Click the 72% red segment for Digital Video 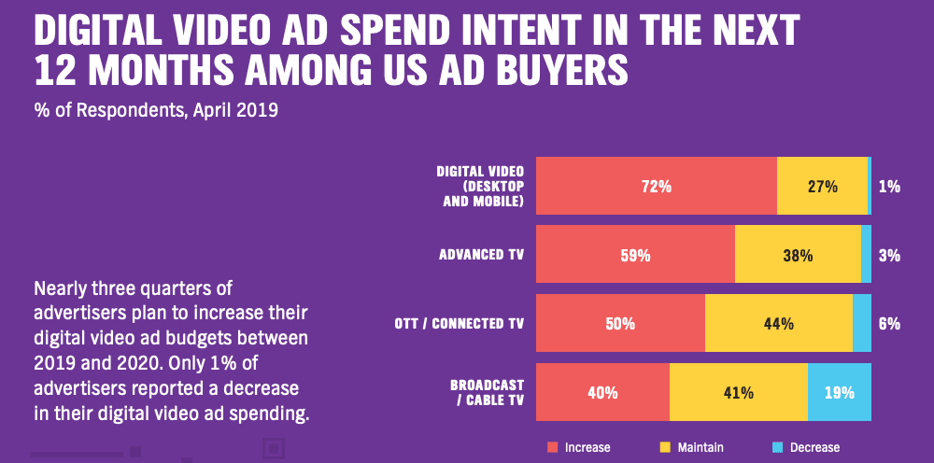click(x=656, y=187)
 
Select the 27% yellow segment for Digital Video click(x=822, y=187)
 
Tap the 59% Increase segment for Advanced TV click(x=635, y=255)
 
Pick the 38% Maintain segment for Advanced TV click(x=798, y=255)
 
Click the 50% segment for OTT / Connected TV click(x=620, y=324)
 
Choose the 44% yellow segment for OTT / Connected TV click(x=778, y=324)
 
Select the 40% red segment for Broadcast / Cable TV click(x=602, y=393)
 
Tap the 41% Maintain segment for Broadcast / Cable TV click(x=738, y=393)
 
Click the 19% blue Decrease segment click(x=839, y=393)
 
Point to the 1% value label click(x=889, y=187)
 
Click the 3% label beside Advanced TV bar click(x=889, y=255)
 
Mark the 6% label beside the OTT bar click(x=889, y=324)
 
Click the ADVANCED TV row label click(x=481, y=255)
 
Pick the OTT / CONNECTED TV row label click(x=461, y=324)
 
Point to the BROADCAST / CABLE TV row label click(x=486, y=393)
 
